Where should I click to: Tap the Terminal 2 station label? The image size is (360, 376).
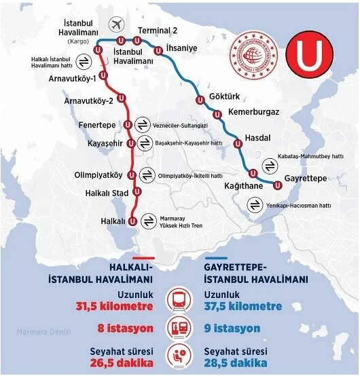coord(158,31)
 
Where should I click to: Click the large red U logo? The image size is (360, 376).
coord(311,57)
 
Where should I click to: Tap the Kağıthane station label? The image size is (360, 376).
coord(243,185)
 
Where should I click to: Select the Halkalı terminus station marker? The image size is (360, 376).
coord(133,221)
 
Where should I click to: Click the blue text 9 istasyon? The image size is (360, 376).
coord(232,328)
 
